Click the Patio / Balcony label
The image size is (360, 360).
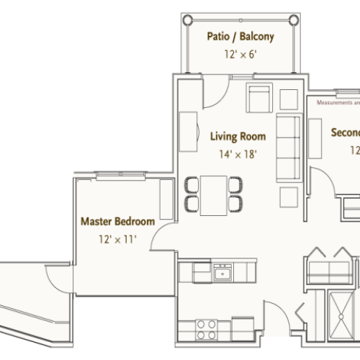[x=240, y=35]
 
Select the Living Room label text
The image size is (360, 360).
[x=238, y=135]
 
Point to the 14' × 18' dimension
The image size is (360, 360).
[x=238, y=153]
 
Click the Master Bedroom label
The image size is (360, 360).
[x=116, y=221]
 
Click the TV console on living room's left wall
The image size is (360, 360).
[x=189, y=130]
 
